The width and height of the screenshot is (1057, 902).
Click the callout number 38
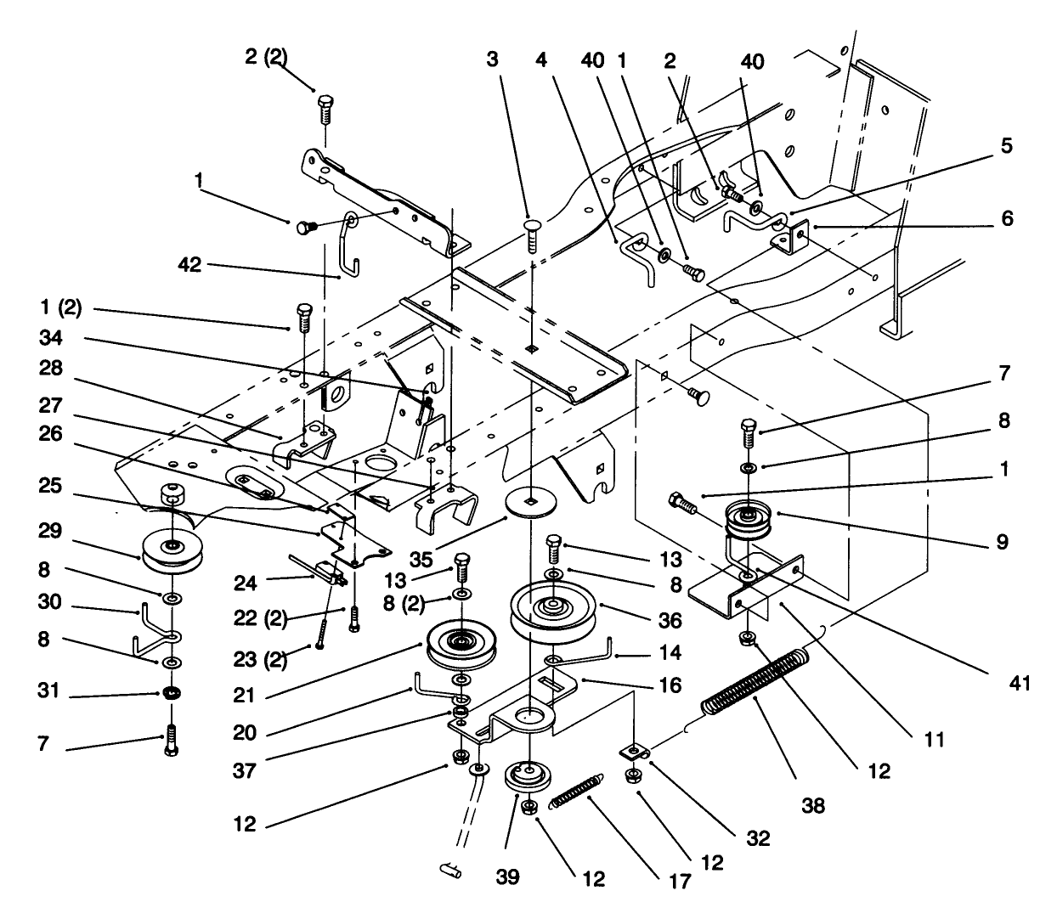[813, 804]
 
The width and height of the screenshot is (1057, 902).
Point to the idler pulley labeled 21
[461, 645]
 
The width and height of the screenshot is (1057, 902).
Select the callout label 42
[189, 264]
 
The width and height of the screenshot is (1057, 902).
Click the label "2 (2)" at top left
[265, 57]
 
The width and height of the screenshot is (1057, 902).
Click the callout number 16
[670, 685]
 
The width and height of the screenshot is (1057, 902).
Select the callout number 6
[1007, 219]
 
